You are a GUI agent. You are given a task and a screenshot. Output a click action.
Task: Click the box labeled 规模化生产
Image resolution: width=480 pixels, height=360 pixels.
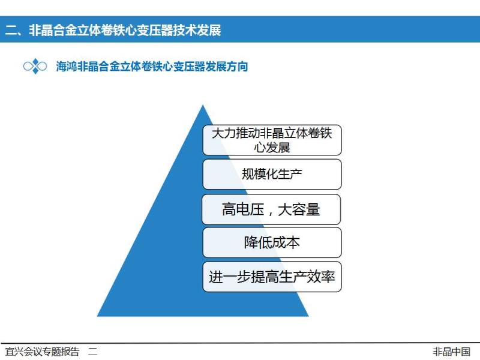pyautogui.click(x=272, y=174)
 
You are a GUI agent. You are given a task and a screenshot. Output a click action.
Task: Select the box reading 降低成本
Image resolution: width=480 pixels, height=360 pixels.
pyautogui.click(x=272, y=242)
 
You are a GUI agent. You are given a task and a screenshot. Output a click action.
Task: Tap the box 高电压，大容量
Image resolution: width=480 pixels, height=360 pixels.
pyautogui.click(x=271, y=209)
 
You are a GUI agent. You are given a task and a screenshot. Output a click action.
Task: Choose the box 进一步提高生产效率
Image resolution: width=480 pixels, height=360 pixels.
pyautogui.click(x=272, y=277)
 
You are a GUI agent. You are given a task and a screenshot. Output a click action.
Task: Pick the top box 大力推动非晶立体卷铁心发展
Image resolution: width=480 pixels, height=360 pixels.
pyautogui.click(x=272, y=140)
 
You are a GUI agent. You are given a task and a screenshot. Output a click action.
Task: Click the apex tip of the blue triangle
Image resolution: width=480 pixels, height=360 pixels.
pyautogui.click(x=203, y=106)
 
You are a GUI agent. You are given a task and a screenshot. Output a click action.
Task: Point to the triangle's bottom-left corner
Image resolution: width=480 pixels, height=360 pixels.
pyautogui.click(x=97, y=316)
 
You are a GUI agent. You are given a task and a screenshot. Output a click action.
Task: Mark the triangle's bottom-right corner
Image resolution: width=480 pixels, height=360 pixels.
pyautogui.click(x=308, y=316)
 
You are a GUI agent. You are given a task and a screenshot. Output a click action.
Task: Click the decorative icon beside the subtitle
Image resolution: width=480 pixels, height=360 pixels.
pyautogui.click(x=35, y=66)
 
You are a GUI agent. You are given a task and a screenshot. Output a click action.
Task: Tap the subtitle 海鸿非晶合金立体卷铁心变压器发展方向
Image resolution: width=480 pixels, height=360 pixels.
pyautogui.click(x=152, y=67)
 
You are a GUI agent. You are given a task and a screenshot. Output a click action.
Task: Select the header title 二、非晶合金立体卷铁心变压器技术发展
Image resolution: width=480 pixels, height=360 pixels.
pyautogui.click(x=113, y=30)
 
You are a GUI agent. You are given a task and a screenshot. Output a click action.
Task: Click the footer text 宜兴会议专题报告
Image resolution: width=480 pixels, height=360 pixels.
pyautogui.click(x=42, y=352)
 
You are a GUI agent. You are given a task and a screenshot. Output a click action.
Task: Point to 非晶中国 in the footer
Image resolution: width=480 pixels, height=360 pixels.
pyautogui.click(x=452, y=352)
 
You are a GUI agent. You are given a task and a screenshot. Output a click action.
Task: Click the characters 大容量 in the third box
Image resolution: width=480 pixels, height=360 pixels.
pyautogui.click(x=299, y=209)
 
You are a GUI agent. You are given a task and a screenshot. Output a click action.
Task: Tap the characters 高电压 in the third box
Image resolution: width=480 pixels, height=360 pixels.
pyautogui.click(x=243, y=209)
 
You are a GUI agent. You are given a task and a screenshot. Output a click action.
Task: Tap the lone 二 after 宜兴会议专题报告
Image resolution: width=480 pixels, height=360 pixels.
pyautogui.click(x=93, y=352)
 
